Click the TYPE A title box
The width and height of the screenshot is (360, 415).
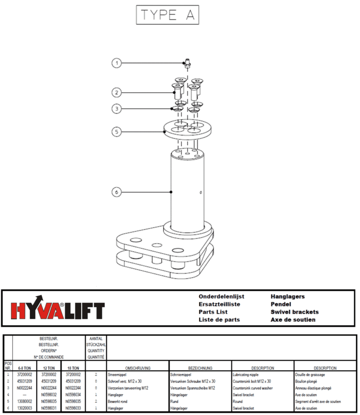[x=167, y=15]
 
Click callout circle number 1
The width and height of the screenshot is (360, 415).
[x=117, y=63]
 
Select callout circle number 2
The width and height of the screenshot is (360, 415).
[x=117, y=92]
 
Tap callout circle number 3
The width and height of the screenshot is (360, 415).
[x=117, y=109]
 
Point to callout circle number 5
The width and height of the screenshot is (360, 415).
[x=117, y=132]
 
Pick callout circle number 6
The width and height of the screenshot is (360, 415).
[x=117, y=191]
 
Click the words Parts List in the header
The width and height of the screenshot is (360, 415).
[x=213, y=312]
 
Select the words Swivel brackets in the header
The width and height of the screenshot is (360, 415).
[x=294, y=312]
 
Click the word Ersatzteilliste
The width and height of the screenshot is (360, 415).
[x=219, y=304]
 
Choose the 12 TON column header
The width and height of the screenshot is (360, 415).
[x=48, y=368]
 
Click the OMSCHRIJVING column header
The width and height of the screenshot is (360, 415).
[x=137, y=368]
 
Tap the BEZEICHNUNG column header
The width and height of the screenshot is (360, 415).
[x=200, y=368]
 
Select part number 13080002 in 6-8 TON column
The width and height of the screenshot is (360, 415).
[x=24, y=401]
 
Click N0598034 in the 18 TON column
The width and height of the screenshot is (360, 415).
[x=72, y=395]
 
